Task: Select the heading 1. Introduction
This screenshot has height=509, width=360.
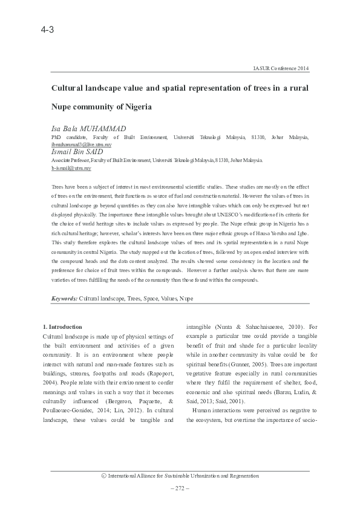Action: (x=67, y=326)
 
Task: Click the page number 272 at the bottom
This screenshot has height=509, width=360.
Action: (x=180, y=488)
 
